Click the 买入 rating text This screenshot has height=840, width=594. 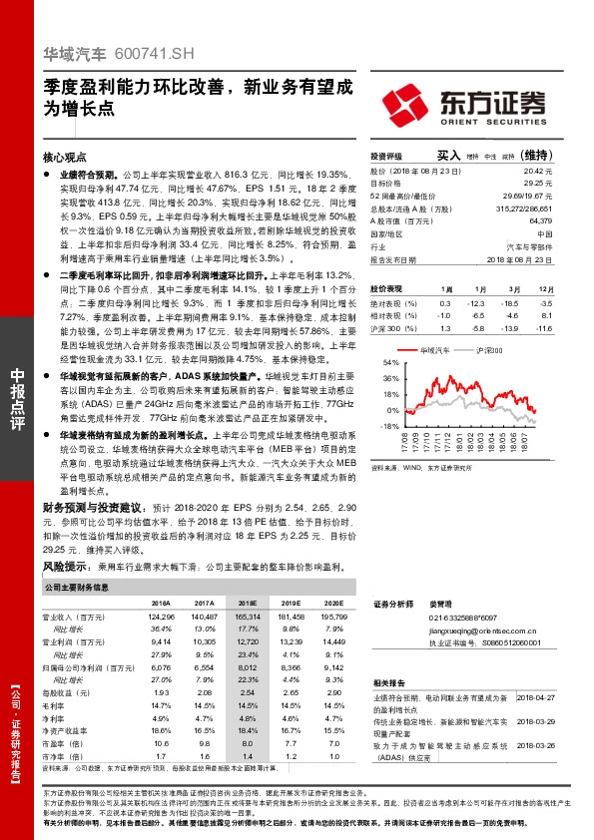pos(447,157)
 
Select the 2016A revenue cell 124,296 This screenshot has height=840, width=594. pos(161,619)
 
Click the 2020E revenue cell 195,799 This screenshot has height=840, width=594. pos(332,619)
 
